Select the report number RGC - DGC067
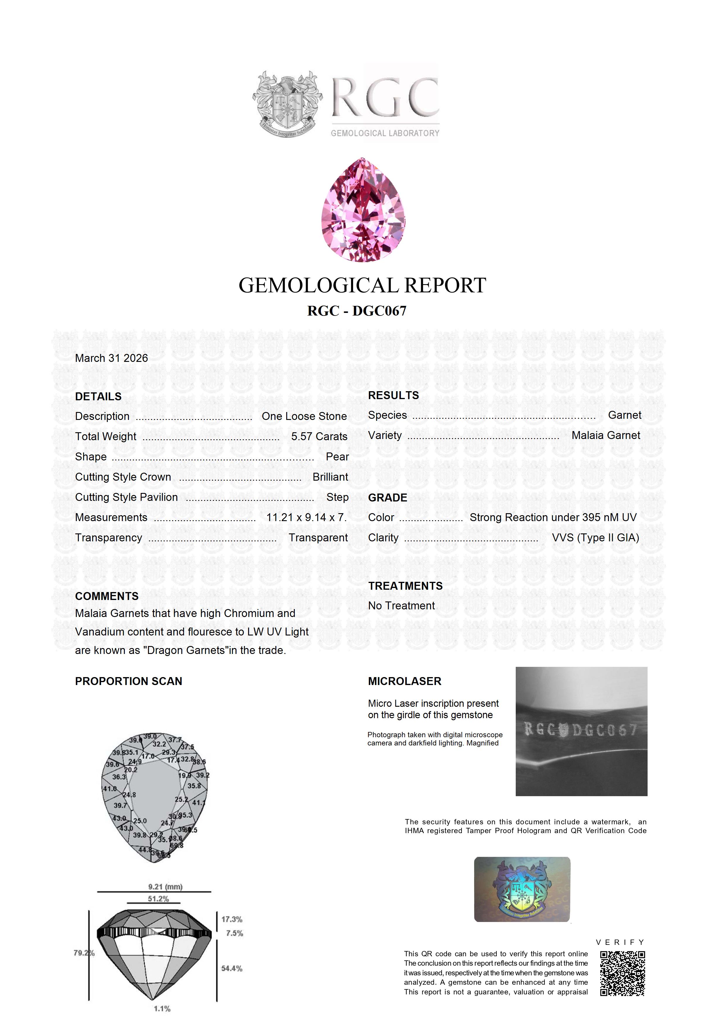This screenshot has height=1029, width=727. pos(357,311)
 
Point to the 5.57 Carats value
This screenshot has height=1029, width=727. pos(319,437)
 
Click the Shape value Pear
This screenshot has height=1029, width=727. pos(337,457)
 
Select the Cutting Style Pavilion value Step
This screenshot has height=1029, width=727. pos(337,497)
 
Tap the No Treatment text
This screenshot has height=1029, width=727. pos(401,606)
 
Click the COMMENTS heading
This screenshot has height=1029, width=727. pos(107,596)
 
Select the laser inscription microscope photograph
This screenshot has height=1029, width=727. pos(581,731)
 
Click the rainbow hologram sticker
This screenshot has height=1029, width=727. pos(522,889)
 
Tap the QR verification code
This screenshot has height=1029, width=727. pos(622,973)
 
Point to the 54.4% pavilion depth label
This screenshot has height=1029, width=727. pos(231,969)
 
